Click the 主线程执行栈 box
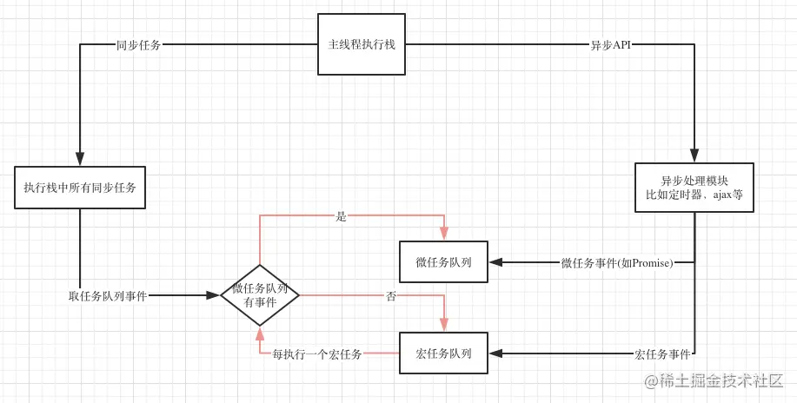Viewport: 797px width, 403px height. coord(361,44)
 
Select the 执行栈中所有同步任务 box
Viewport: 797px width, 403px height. coord(80,188)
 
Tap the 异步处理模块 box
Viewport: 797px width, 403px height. coord(694,188)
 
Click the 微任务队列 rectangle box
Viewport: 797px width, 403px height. coord(443,262)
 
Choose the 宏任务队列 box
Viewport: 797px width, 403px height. coord(443,353)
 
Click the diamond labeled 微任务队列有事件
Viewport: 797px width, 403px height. coord(260,295)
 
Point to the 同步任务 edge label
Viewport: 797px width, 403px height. coord(138,45)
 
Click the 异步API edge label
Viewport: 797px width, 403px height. coord(610,45)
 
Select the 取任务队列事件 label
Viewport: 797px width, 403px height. coord(108,296)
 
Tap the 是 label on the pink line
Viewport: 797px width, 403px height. coord(342,216)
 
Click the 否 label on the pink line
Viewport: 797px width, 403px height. coord(391,296)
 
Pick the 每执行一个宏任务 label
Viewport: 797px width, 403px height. coord(317,354)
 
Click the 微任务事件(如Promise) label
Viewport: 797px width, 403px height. coord(617,262)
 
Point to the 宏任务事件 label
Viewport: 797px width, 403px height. coord(662,354)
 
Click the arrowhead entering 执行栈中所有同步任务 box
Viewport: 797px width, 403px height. coord(80,160)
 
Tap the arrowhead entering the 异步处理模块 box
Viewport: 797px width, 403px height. coord(694,156)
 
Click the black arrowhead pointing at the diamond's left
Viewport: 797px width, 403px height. coord(213,295)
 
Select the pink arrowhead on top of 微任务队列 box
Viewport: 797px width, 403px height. coord(444,234)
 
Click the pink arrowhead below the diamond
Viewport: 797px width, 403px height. coord(260,334)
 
